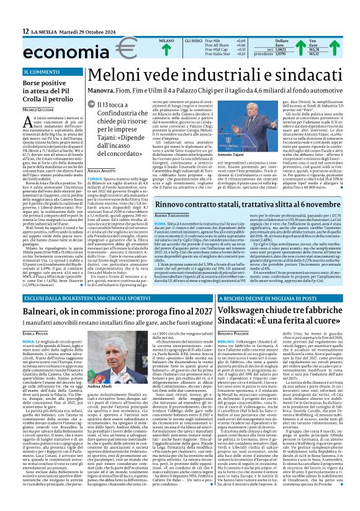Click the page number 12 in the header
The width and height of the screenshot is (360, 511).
(25, 31)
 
